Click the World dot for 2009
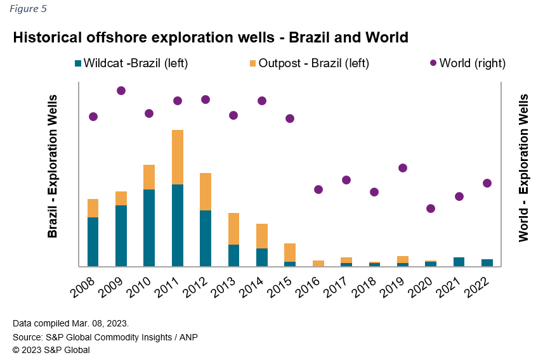[x=121, y=91]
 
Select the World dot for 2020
[x=431, y=209]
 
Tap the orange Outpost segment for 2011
[x=177, y=157]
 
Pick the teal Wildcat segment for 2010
[x=149, y=228]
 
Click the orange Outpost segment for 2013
[x=233, y=229]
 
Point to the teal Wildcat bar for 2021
[x=459, y=262]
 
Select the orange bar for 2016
[x=318, y=263]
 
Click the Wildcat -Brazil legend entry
[x=131, y=63]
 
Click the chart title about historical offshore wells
[x=211, y=37]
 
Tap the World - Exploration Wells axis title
[x=523, y=168]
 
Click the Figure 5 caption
[x=28, y=9]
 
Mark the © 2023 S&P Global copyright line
[x=51, y=350]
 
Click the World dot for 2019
[x=402, y=168]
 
